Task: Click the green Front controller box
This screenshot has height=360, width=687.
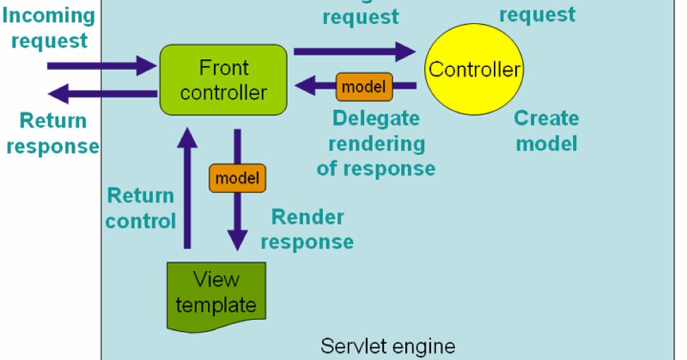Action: [x=223, y=80]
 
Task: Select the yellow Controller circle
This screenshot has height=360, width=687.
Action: [x=474, y=69]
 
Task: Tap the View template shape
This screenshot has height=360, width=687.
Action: [x=217, y=296]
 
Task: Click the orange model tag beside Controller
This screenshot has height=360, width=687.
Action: [x=364, y=87]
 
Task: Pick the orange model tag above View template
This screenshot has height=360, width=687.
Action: [x=237, y=178]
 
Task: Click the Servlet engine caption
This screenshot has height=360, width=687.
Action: [x=388, y=347]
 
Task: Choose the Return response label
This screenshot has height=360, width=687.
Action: [x=52, y=133]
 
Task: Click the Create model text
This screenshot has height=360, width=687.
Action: [x=546, y=130]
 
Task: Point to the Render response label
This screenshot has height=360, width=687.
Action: [x=307, y=229]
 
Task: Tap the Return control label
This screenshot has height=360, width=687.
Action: [x=140, y=208]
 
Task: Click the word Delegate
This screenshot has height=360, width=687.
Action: [x=376, y=118]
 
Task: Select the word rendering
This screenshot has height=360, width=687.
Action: [x=376, y=144]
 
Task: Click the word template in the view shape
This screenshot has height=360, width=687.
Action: [x=216, y=306]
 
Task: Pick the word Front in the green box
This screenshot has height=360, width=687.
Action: [x=224, y=68]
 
